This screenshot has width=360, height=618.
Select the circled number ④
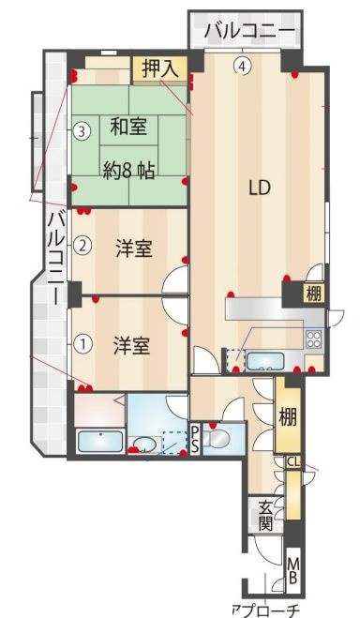pos(243,66)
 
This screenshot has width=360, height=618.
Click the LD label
pos(260,187)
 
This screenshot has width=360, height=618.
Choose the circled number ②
pos(82,247)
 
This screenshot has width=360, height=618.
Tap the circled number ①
pos(83,343)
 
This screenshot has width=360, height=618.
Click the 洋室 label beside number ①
pos(133,344)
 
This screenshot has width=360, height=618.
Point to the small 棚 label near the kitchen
pos(312,293)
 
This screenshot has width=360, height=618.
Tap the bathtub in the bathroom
pos(97,441)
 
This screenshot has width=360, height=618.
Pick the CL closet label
pos(292,461)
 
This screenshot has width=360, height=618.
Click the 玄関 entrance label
pos(265,516)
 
